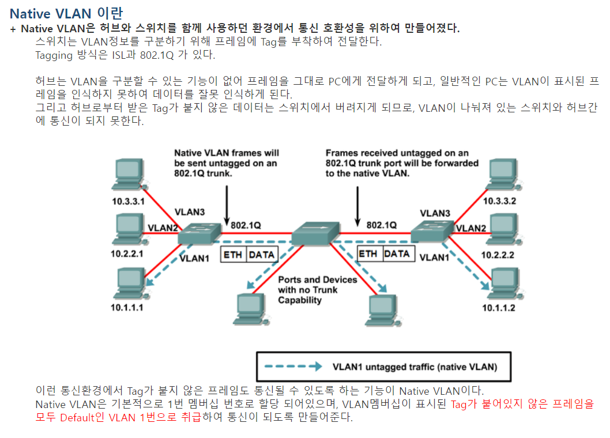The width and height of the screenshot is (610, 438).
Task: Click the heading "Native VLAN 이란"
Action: point(67,13)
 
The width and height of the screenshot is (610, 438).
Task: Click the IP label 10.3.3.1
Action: point(128,202)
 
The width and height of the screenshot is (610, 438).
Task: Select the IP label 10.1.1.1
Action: point(127,307)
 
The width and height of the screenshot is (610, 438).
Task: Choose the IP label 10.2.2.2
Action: point(498,254)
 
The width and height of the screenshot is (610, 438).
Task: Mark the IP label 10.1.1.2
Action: point(499,307)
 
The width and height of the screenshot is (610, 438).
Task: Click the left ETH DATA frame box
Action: point(249,254)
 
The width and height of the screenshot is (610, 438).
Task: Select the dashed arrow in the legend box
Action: point(293,367)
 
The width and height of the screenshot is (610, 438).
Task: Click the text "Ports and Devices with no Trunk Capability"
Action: point(317,290)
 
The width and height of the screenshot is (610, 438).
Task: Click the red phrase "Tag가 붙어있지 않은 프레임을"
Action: point(522,404)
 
